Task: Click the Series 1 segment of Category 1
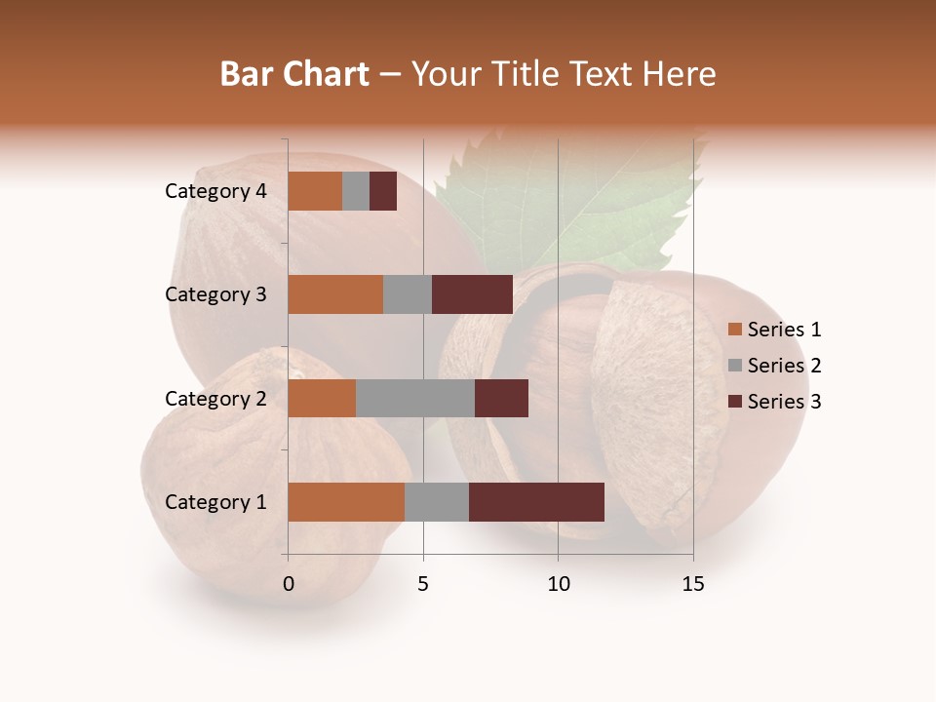[346, 502]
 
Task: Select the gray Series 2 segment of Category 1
[437, 502]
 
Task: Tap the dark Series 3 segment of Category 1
[536, 502]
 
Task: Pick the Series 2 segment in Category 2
[415, 398]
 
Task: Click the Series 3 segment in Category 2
[501, 398]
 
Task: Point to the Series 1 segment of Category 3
[335, 294]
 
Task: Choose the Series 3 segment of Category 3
[472, 294]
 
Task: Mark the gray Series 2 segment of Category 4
[356, 191]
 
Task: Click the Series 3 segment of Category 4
[383, 191]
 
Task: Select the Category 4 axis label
[215, 191]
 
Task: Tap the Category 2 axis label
[215, 398]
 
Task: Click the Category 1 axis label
[215, 502]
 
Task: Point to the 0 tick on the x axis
[289, 584]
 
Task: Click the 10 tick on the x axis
[558, 584]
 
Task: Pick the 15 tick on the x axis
[692, 584]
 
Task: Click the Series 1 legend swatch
[734, 330]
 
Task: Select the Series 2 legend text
[784, 366]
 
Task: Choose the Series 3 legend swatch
[734, 402]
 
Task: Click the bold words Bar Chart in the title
[294, 74]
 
